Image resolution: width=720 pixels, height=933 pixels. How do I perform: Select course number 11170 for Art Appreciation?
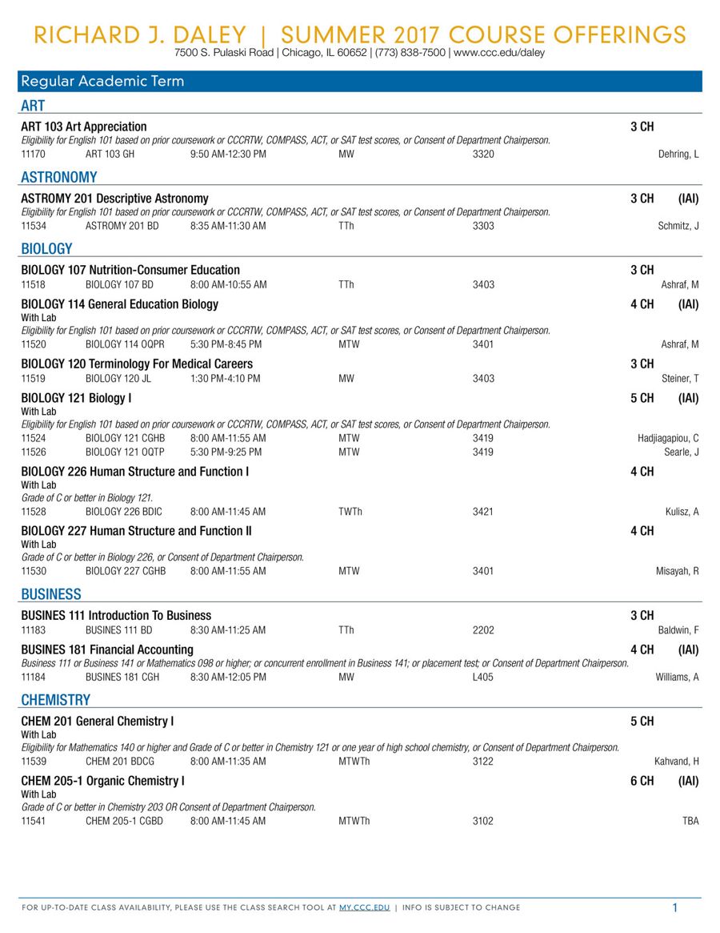pos(33,154)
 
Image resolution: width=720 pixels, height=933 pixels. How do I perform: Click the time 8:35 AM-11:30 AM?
pos(228,226)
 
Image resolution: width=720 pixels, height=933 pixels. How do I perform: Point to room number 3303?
pos(483,226)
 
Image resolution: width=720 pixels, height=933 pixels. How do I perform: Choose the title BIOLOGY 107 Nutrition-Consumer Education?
pos(130,270)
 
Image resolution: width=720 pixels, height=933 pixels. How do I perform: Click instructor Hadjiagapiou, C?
pos(668,438)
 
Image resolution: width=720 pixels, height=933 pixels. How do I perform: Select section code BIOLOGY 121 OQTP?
pos(125,452)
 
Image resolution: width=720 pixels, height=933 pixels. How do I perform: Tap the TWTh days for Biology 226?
pos(350,511)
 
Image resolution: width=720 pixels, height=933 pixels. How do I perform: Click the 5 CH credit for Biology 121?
pos(642,398)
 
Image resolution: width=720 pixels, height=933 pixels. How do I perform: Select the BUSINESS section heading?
pos(51,594)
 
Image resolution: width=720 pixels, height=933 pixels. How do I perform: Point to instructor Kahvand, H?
pos(677,761)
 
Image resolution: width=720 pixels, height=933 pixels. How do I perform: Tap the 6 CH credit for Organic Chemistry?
pos(642,781)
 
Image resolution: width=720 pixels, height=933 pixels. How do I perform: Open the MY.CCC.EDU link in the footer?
pos(364,907)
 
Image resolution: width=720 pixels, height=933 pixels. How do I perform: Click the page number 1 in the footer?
pos(675,907)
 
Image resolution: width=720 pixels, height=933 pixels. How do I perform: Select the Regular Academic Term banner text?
pos(102,81)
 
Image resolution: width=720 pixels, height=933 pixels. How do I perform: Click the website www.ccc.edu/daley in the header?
pos(499,53)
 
